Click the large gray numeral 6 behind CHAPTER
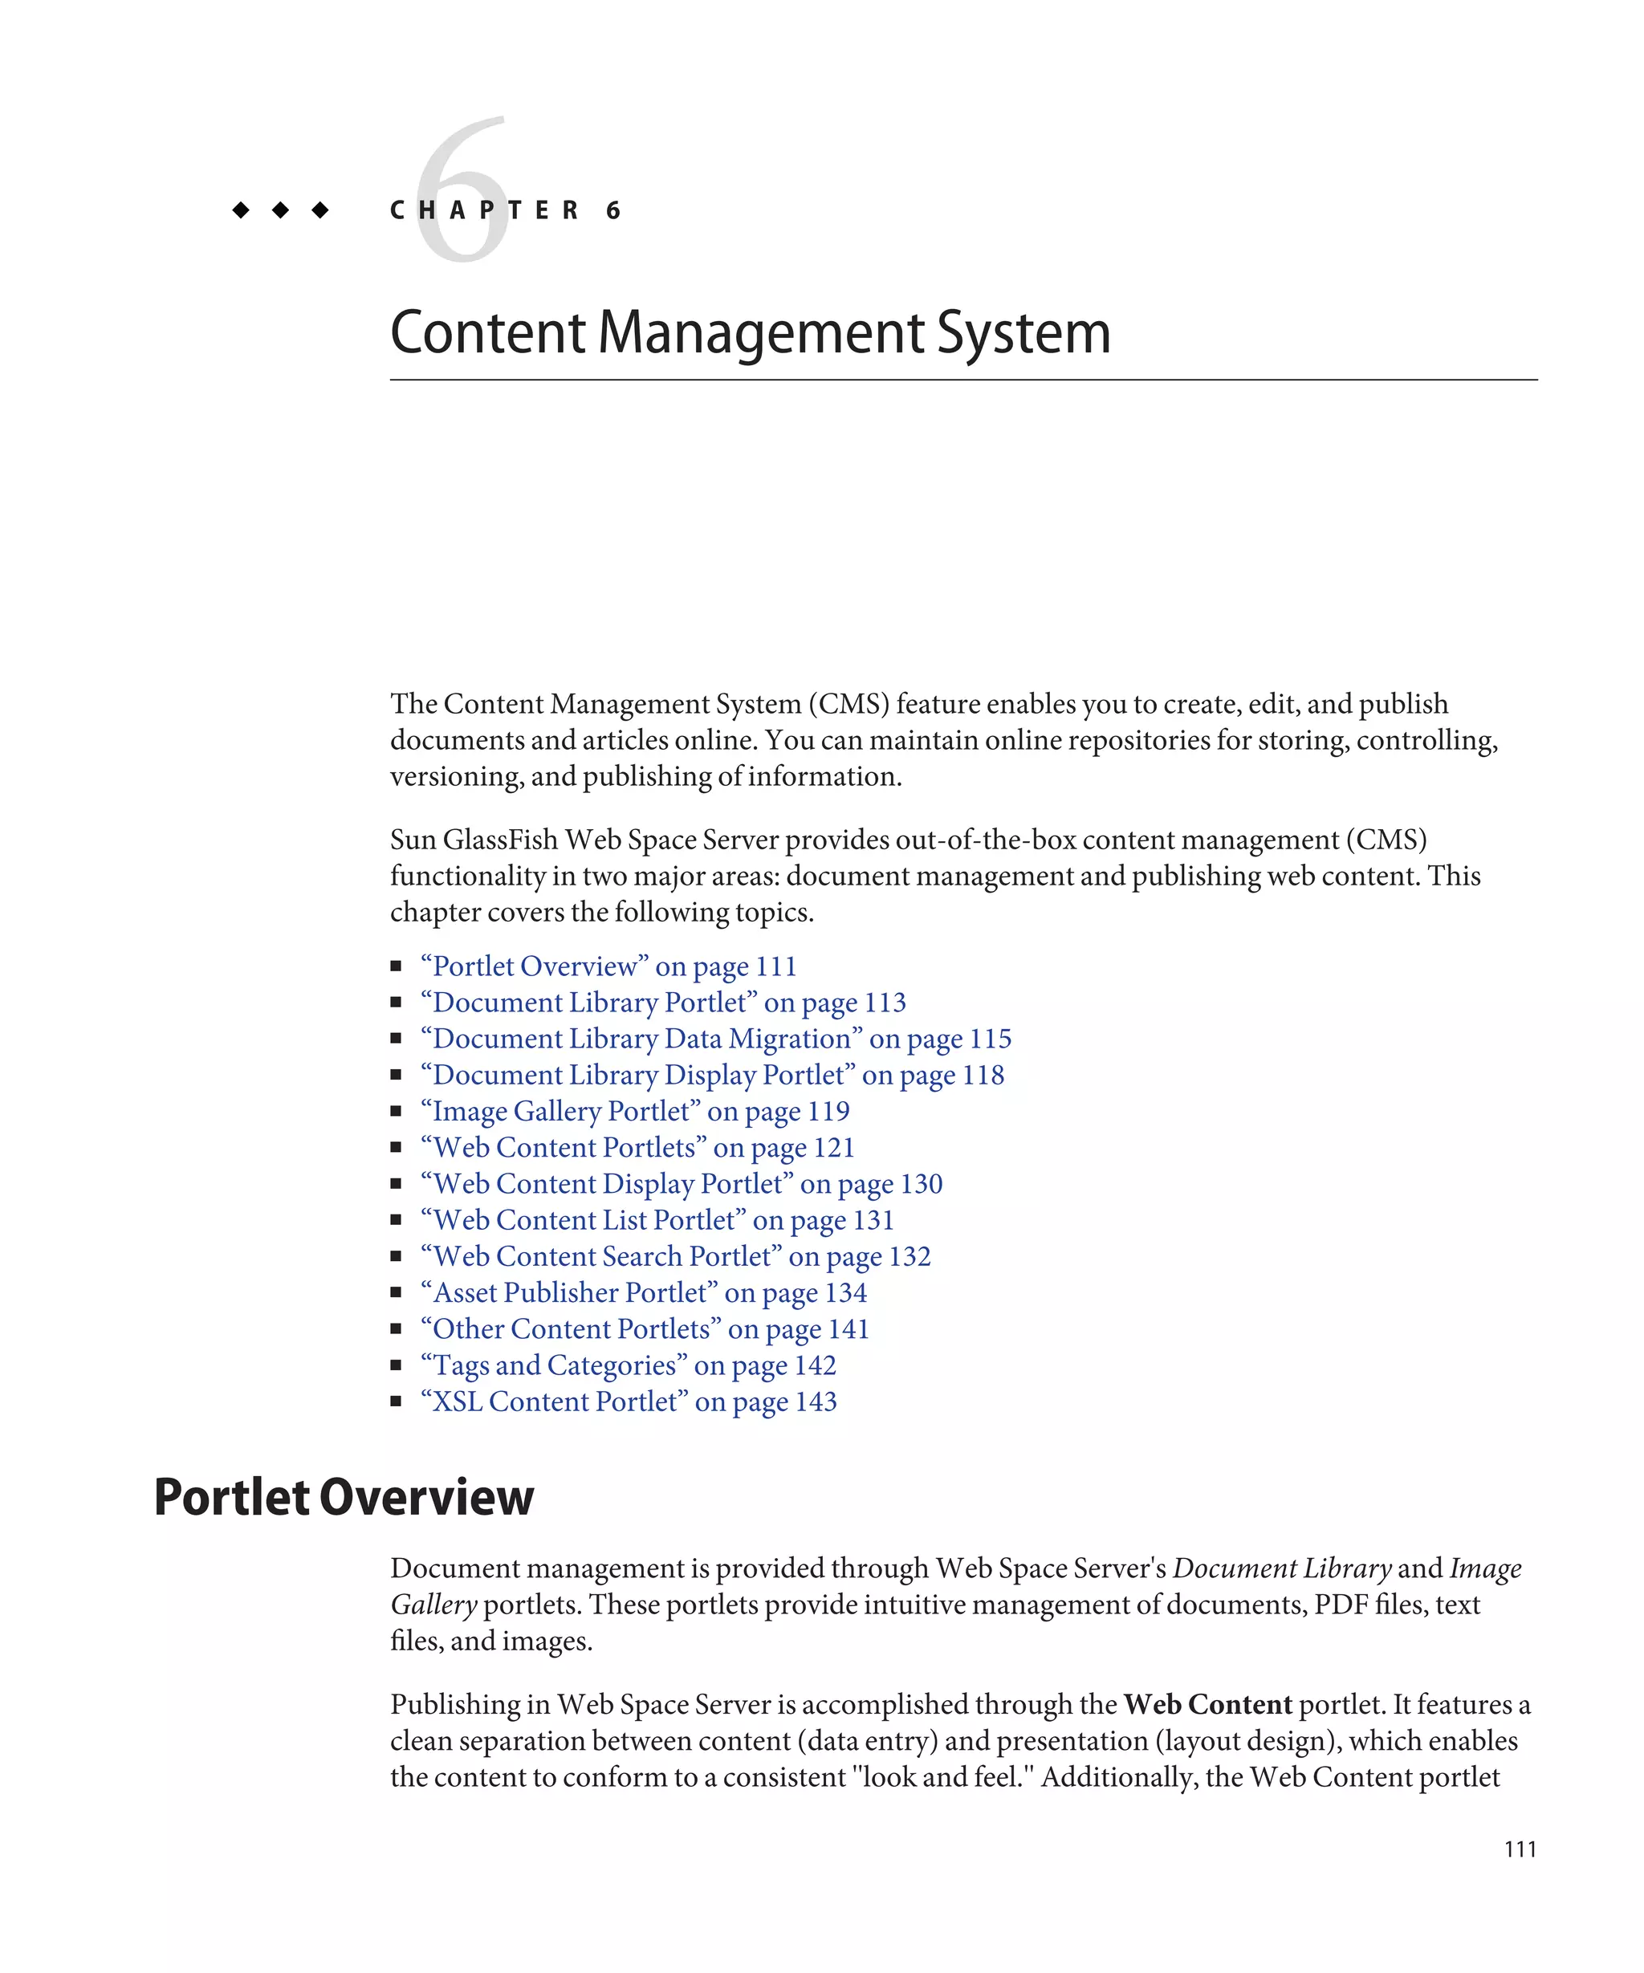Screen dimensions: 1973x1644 pos(462,188)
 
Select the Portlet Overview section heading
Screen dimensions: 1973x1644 pos(343,1497)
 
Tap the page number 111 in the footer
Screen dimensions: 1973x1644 pos(1519,1849)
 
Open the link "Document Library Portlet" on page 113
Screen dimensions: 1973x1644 pos(663,1003)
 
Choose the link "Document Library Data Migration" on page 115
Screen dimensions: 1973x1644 pos(716,1039)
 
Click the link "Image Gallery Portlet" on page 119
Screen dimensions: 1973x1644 pos(635,1112)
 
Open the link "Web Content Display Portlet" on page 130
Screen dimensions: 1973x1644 pos(681,1184)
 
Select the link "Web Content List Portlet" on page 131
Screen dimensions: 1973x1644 pos(657,1220)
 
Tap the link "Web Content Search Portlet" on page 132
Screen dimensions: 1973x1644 pos(675,1257)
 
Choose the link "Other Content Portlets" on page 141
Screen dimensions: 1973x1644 pos(645,1329)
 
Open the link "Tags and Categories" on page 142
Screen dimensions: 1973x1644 pos(629,1365)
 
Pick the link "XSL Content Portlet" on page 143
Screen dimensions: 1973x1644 pos(629,1401)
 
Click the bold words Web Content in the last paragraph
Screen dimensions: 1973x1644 pos(1207,1704)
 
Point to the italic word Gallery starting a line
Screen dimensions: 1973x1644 pos(433,1605)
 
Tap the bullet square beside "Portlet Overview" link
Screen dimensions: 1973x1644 pos(397,966)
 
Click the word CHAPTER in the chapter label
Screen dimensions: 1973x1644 pos(485,210)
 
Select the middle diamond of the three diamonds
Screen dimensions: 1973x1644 pos(280,210)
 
